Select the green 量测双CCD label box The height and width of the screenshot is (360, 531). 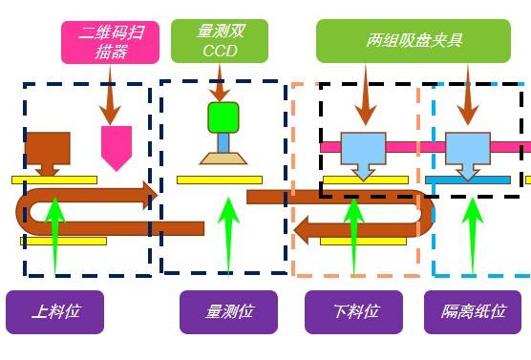(219, 41)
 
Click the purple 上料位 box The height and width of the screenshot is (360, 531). (54, 311)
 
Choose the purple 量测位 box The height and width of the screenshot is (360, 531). (228, 311)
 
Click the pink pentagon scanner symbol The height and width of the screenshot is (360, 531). (116, 146)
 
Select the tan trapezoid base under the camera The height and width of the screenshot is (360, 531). (223, 157)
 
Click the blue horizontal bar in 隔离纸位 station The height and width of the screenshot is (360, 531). (468, 180)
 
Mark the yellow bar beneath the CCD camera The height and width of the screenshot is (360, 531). (219, 180)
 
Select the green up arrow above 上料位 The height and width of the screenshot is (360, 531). (54, 234)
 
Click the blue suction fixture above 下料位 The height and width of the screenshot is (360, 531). (363, 151)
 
